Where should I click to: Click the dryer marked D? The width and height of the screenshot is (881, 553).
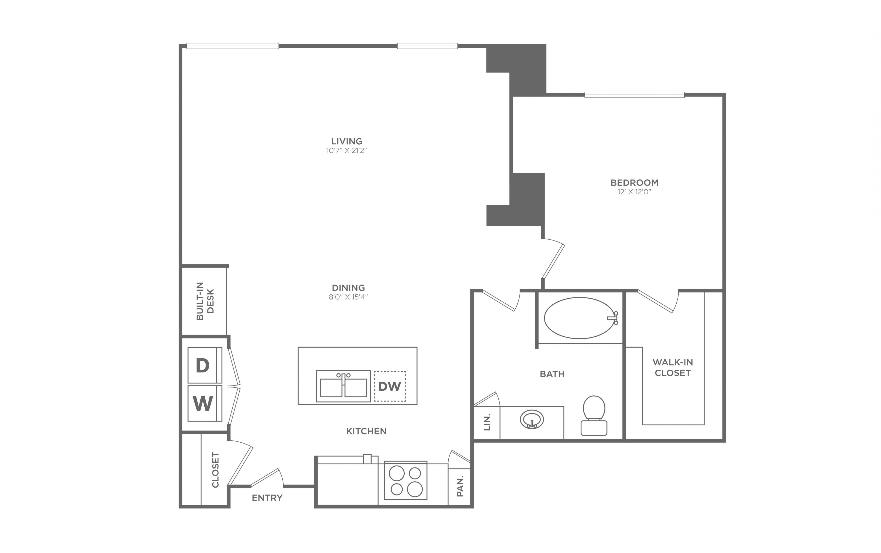pyautogui.click(x=205, y=365)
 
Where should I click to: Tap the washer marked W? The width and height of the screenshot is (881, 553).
pyautogui.click(x=205, y=403)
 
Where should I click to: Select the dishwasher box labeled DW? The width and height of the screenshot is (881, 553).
pyautogui.click(x=390, y=386)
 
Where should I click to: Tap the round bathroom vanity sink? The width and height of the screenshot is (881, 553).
pyautogui.click(x=532, y=419)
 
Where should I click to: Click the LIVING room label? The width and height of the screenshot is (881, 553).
pyautogui.click(x=346, y=141)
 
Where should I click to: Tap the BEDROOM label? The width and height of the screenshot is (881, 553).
pyautogui.click(x=634, y=182)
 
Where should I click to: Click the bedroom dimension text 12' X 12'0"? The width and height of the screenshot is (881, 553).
pyautogui.click(x=634, y=192)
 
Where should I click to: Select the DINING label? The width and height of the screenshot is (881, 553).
pyautogui.click(x=348, y=288)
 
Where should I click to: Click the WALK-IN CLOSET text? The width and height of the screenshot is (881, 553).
pyautogui.click(x=673, y=368)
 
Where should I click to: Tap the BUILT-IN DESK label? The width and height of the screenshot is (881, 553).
pyautogui.click(x=205, y=301)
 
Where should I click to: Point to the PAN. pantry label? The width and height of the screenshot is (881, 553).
pyautogui.click(x=460, y=486)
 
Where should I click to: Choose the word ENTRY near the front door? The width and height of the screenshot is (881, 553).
pyautogui.click(x=267, y=498)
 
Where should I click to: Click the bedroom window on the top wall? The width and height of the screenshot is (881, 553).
pyautogui.click(x=634, y=95)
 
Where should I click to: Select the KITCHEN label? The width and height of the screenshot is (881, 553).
pyautogui.click(x=366, y=431)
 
